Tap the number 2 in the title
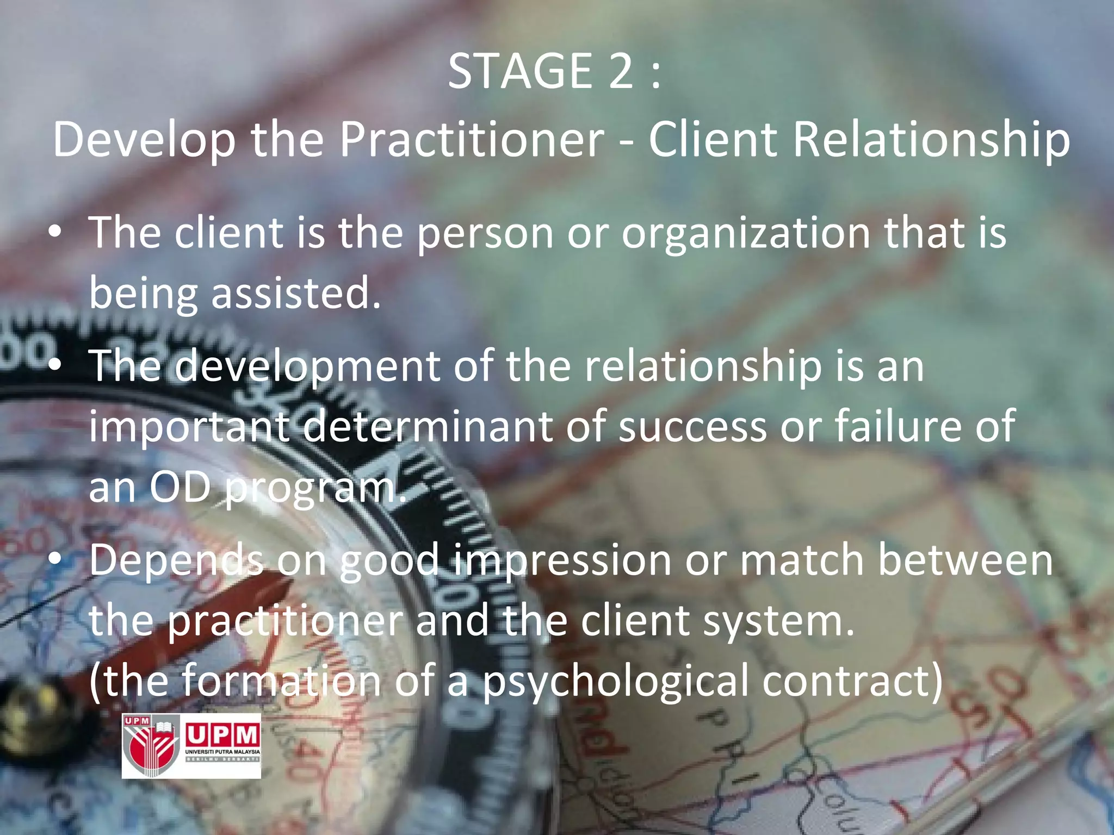(x=621, y=72)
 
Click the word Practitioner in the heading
(x=472, y=140)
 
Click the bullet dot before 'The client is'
(x=55, y=233)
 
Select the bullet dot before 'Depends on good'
(x=55, y=560)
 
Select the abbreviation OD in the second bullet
(x=180, y=488)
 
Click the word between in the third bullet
(x=966, y=560)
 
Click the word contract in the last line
(x=851, y=682)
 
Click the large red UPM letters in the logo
(x=222, y=736)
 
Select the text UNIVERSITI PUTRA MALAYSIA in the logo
(x=223, y=752)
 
